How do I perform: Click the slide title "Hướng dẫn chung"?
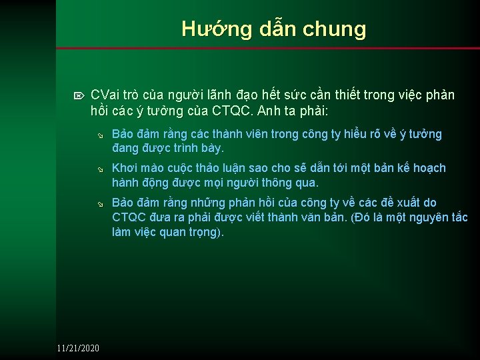[x=273, y=29]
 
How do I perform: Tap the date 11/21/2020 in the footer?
[x=78, y=348]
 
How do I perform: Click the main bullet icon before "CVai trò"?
[x=81, y=96]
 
